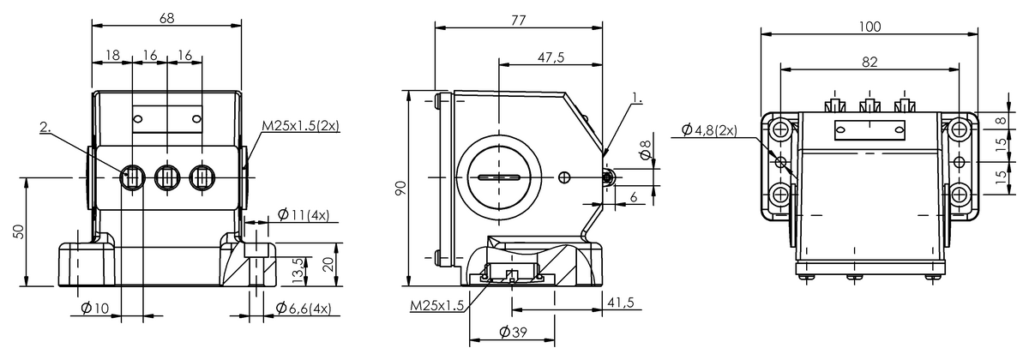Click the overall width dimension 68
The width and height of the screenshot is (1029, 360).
click(166, 16)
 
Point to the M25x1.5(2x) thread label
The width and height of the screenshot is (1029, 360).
click(300, 126)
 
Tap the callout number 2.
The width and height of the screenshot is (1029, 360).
click(45, 128)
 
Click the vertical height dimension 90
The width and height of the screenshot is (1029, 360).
click(400, 188)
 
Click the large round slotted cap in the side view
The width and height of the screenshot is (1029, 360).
click(496, 177)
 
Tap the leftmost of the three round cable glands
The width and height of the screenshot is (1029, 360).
click(132, 177)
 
